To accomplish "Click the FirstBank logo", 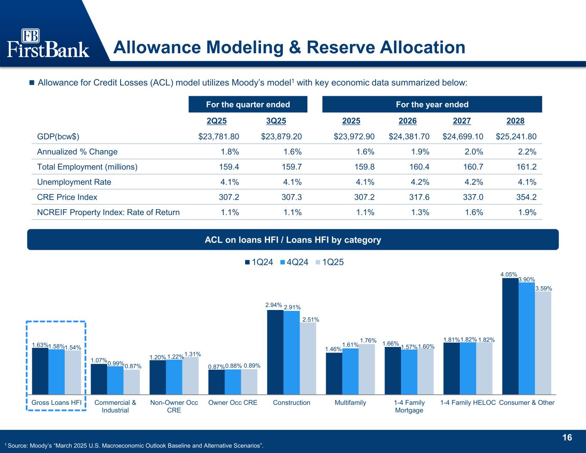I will (x=48, y=43).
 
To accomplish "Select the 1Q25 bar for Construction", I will (x=308, y=358).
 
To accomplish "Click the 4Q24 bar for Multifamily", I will (x=350, y=371).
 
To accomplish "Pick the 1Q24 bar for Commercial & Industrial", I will (x=99, y=379).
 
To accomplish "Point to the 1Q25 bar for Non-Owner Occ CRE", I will (x=190, y=375).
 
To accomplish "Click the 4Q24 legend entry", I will (x=294, y=262).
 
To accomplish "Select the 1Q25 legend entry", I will (x=329, y=262).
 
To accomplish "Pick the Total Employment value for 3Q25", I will (x=292, y=167).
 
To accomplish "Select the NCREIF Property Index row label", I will (x=108, y=212).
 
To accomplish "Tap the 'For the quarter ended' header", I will (x=248, y=104).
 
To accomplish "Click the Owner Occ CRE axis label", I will (x=233, y=403).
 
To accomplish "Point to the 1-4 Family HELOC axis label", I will (x=468, y=403).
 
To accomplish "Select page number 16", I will (x=567, y=438).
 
